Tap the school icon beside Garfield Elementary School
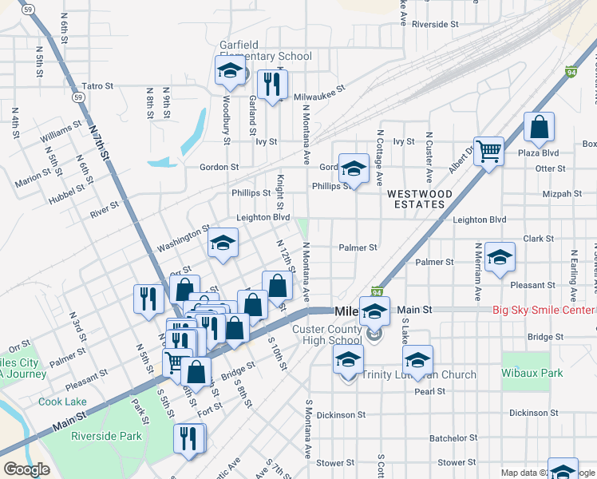point(230,70)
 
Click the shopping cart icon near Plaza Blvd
point(488,149)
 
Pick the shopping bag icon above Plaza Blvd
point(540,127)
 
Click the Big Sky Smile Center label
point(544,310)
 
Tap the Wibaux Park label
point(527,373)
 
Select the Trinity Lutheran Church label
point(419,374)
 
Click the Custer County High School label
point(326,335)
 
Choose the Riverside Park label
point(106,436)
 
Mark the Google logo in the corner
point(26,469)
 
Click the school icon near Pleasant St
point(500,257)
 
